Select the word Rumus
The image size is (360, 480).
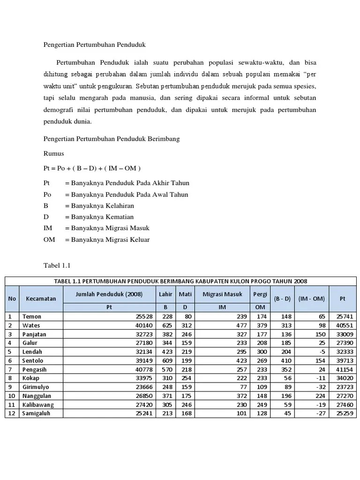[x=53, y=154]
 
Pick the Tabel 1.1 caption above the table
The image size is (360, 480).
[x=57, y=266]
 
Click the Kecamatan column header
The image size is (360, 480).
[x=41, y=299]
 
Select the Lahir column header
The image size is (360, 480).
[x=165, y=294]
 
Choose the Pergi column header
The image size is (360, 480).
[x=260, y=294]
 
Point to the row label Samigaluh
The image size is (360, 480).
[x=36, y=413]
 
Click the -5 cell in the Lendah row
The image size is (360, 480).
[x=321, y=352]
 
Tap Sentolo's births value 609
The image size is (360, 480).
[x=167, y=361]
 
